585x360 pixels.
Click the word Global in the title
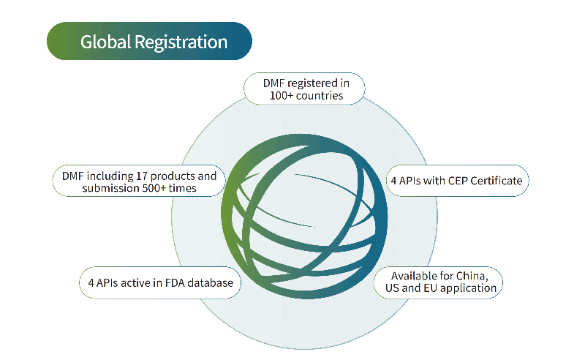tap(105, 42)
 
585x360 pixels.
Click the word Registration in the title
tap(181, 42)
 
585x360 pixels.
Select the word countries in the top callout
tap(320, 96)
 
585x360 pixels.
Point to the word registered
tap(312, 83)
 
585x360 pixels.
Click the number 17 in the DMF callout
tap(141, 176)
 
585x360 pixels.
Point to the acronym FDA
tap(175, 283)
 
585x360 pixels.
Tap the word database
tap(210, 283)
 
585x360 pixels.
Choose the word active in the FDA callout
tap(135, 283)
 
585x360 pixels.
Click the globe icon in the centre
tap(304, 217)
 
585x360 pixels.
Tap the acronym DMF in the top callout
tap(273, 83)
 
